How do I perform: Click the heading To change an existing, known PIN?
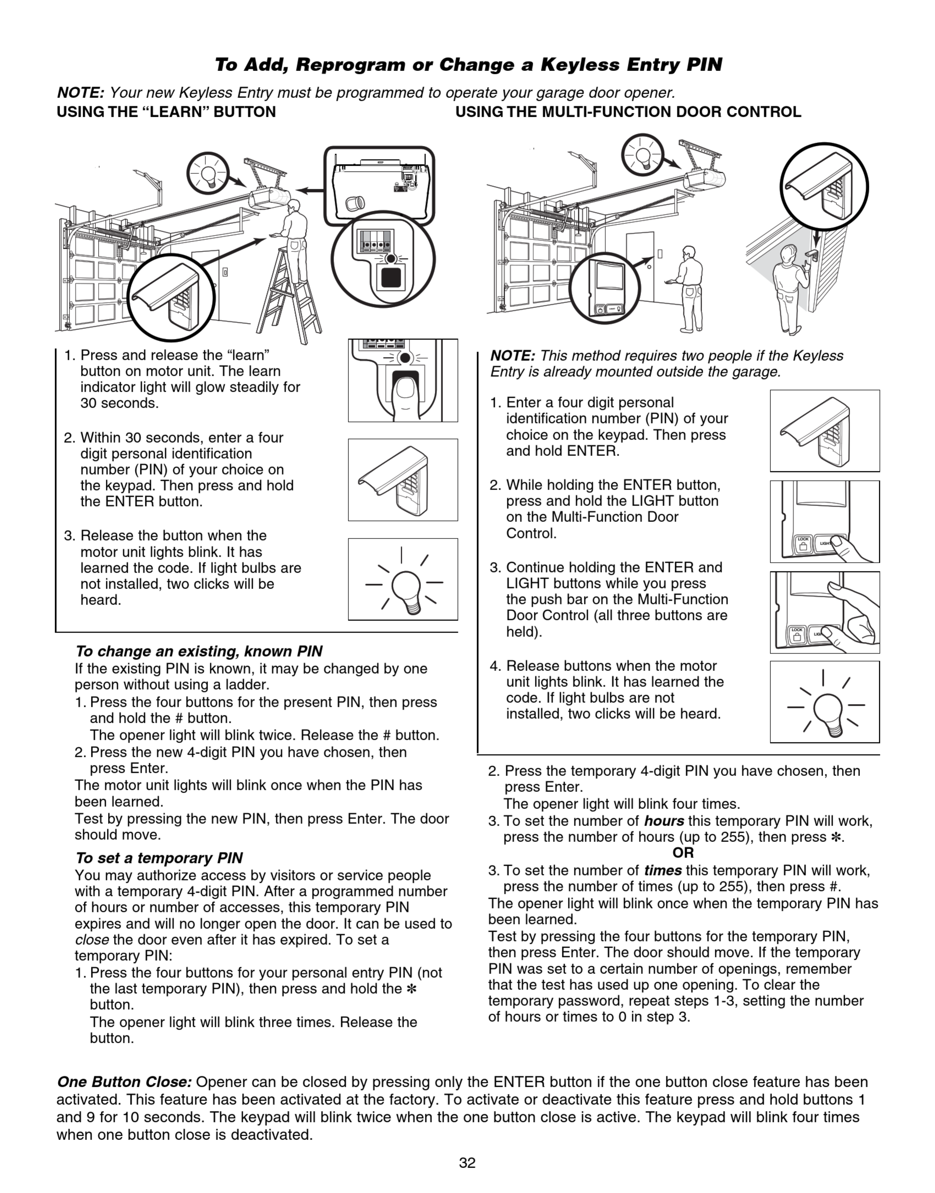pyautogui.click(x=199, y=651)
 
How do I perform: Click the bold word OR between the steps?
pyautogui.click(x=683, y=853)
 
